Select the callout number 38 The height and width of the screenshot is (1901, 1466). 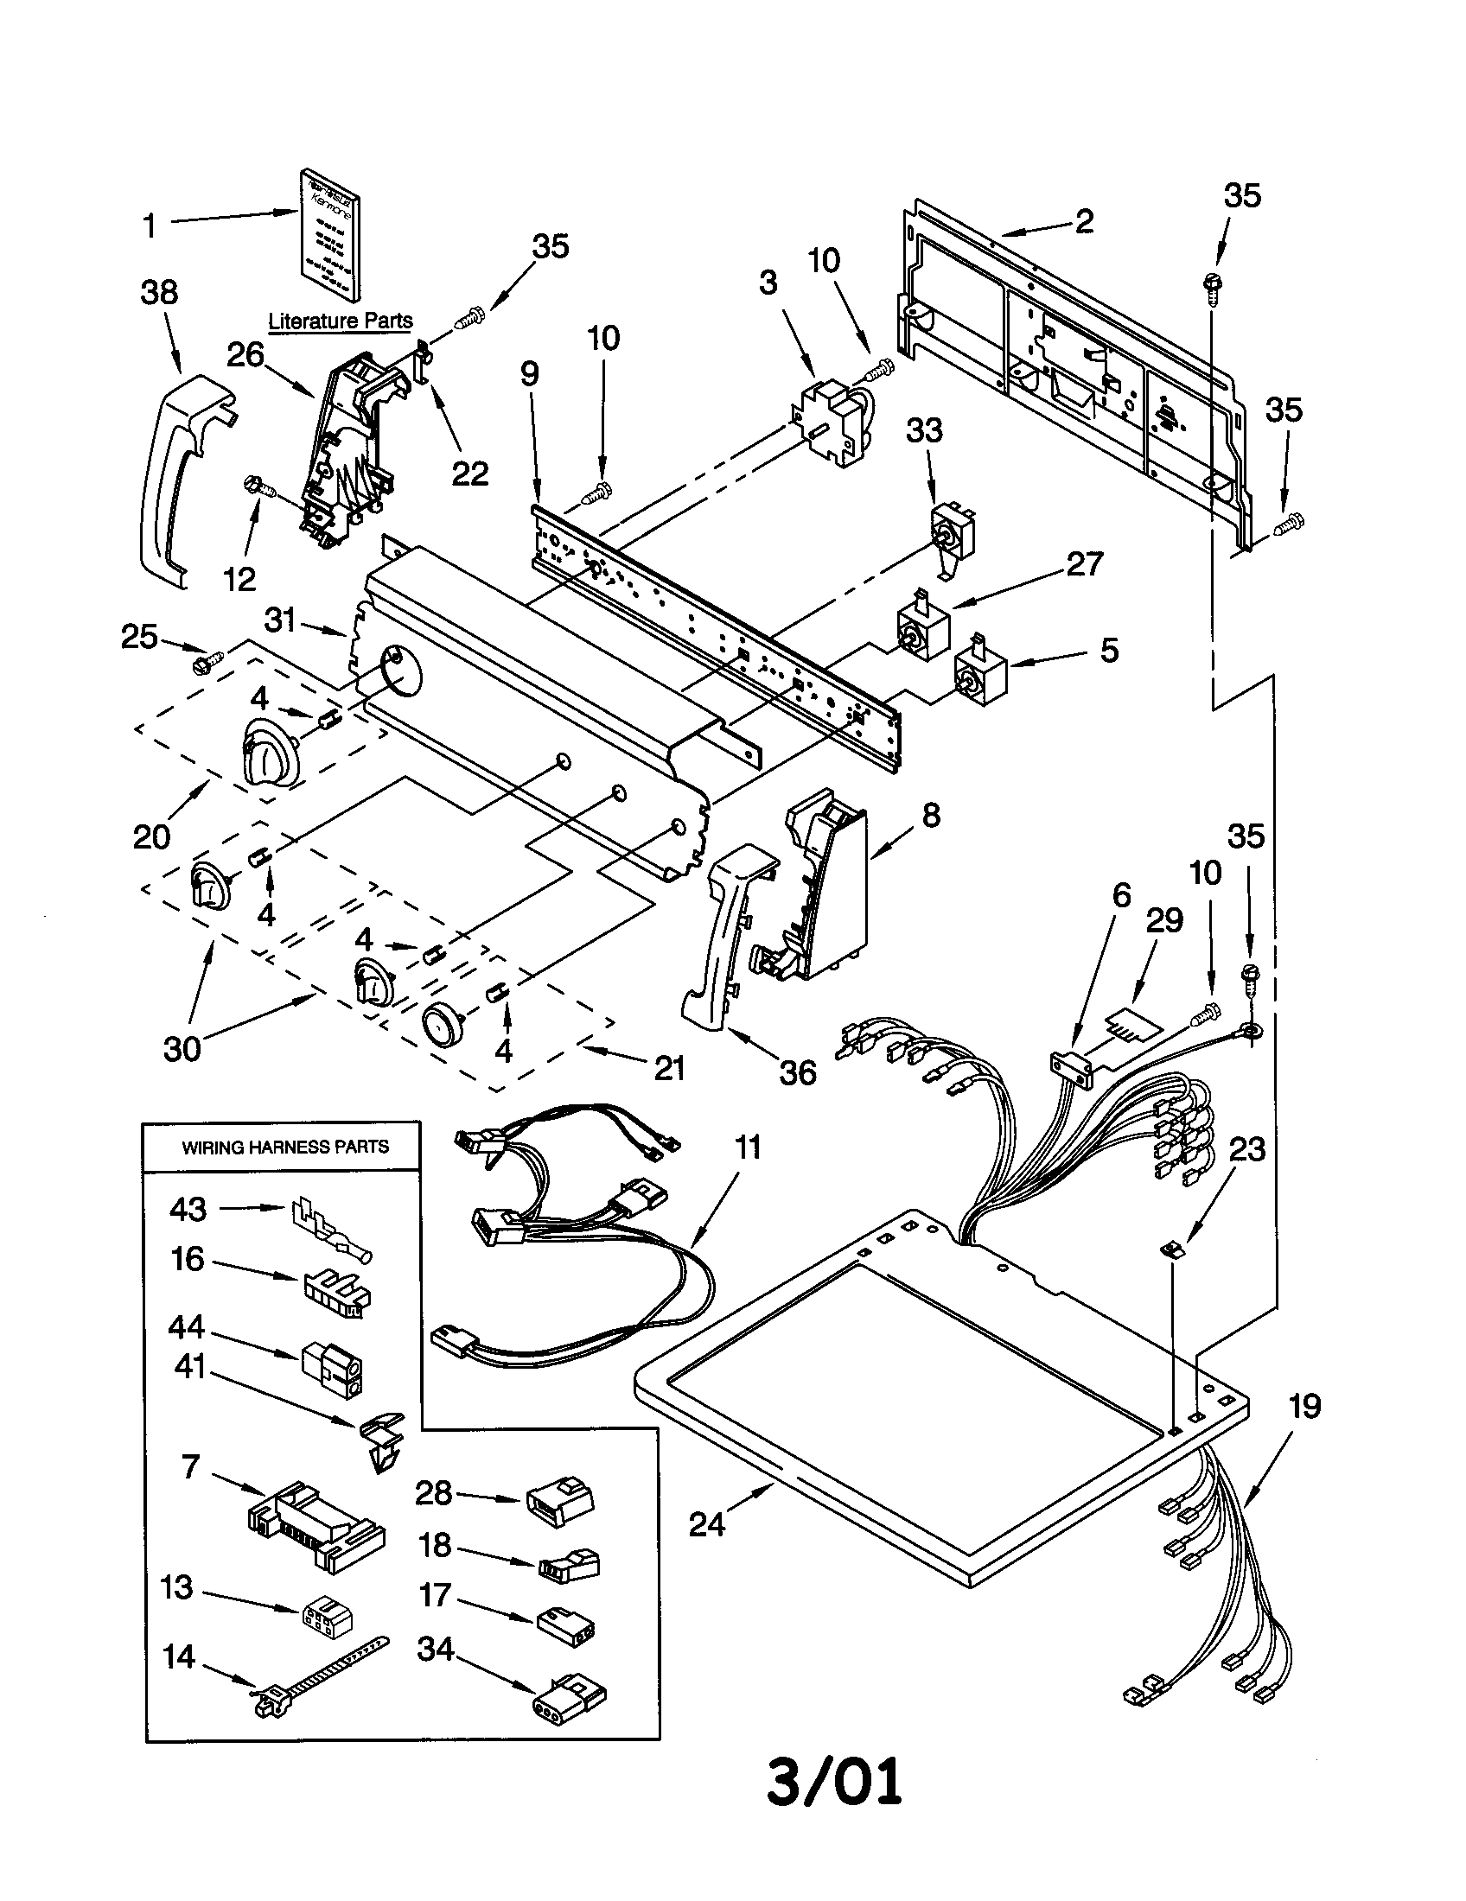click(x=159, y=292)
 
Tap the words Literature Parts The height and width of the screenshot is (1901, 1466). click(x=340, y=321)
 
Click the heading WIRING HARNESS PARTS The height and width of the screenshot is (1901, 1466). click(x=284, y=1148)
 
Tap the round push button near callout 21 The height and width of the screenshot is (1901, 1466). click(x=443, y=1022)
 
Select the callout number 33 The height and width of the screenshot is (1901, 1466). click(x=924, y=430)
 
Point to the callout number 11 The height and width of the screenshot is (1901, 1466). click(x=747, y=1148)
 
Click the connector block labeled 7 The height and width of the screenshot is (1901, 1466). click(x=314, y=1528)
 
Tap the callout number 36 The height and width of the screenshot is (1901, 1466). click(x=798, y=1072)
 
